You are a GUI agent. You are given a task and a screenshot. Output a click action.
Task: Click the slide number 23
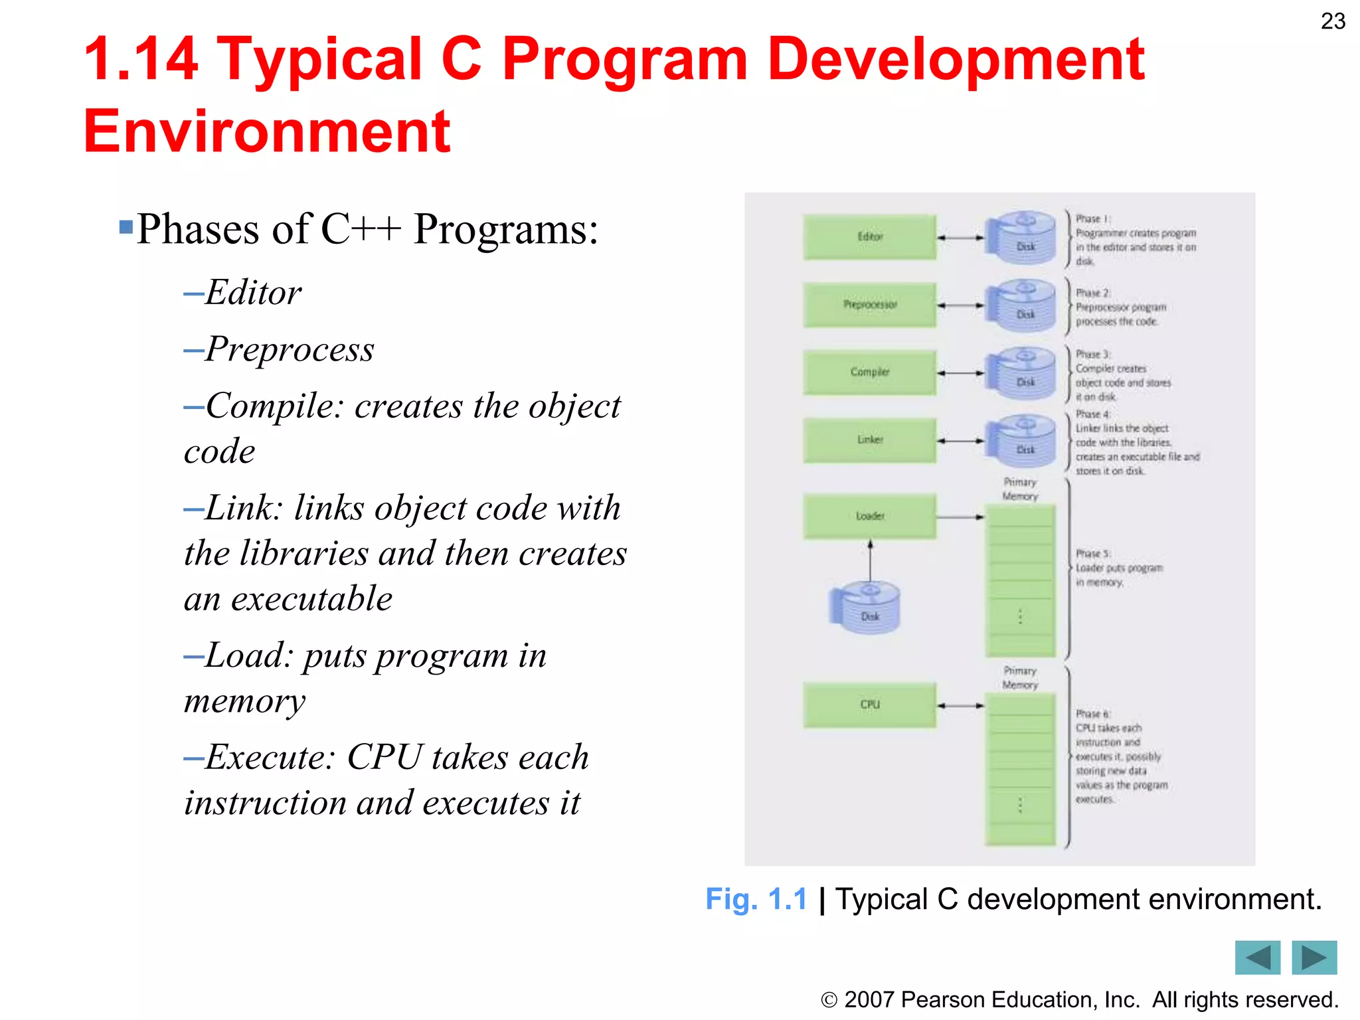1332,21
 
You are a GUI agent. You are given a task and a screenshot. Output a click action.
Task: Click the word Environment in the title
267,131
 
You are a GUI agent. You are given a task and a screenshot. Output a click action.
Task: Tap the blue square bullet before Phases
126,228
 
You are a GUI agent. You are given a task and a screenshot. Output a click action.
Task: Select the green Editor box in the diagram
869,236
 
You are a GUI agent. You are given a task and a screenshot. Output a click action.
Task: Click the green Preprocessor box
869,305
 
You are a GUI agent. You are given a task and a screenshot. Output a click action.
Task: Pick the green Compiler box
869,373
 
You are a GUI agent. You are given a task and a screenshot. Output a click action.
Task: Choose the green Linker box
869,440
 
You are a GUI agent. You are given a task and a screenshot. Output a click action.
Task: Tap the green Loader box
869,516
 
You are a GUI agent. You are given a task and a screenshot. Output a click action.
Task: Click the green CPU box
869,705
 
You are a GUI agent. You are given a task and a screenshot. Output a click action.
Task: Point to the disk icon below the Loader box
866,608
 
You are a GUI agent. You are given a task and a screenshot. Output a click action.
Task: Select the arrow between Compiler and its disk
961,373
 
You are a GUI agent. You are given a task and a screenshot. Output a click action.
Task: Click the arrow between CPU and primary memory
961,706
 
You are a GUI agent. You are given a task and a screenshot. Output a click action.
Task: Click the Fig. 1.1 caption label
756,900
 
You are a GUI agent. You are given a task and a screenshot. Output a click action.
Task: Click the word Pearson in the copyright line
942,1000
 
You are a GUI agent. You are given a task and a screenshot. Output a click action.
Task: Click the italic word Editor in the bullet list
253,292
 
